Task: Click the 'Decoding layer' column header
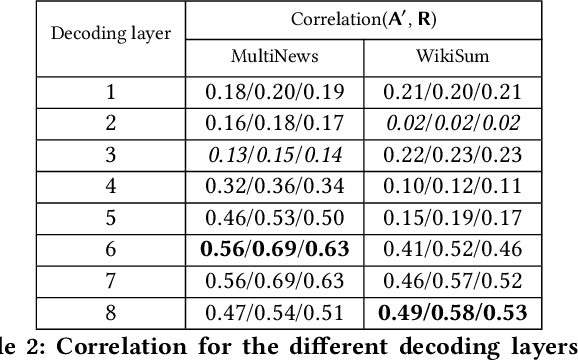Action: pos(111,32)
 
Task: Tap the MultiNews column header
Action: pos(275,56)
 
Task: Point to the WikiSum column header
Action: pos(455,56)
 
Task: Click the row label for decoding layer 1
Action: pos(111,93)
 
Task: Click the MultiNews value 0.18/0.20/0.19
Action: pos(275,93)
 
